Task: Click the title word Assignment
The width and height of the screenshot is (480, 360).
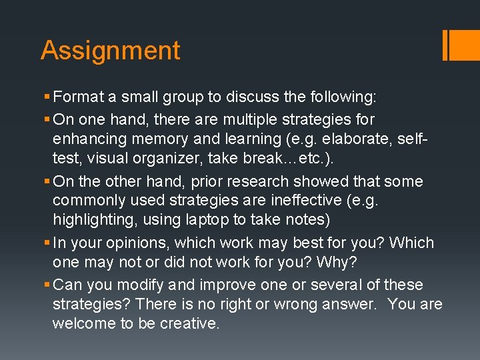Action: [x=110, y=51]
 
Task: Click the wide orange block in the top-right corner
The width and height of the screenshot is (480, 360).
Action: [x=465, y=45]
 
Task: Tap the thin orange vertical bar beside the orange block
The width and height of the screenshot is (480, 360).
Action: [x=445, y=45]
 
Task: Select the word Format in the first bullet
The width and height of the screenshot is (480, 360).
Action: [x=78, y=97]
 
